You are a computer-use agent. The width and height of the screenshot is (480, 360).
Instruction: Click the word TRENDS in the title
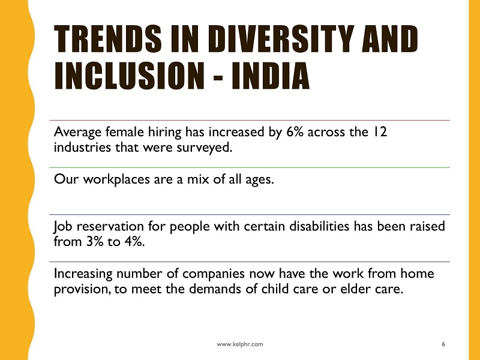(108, 38)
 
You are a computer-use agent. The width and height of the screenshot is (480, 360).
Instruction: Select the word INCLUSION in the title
(129, 76)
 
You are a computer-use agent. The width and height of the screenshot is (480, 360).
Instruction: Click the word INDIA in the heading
(271, 76)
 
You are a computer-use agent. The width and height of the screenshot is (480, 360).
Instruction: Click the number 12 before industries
(380, 132)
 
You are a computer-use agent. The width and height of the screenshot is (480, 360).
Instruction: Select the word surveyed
(205, 148)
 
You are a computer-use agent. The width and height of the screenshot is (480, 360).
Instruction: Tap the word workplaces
(116, 179)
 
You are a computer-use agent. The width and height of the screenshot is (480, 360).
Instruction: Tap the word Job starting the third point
(63, 227)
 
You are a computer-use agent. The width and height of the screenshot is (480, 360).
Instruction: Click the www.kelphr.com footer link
(239, 344)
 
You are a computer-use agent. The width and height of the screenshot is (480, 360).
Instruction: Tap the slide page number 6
(443, 344)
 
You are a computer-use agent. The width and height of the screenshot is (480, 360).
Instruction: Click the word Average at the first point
(78, 133)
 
